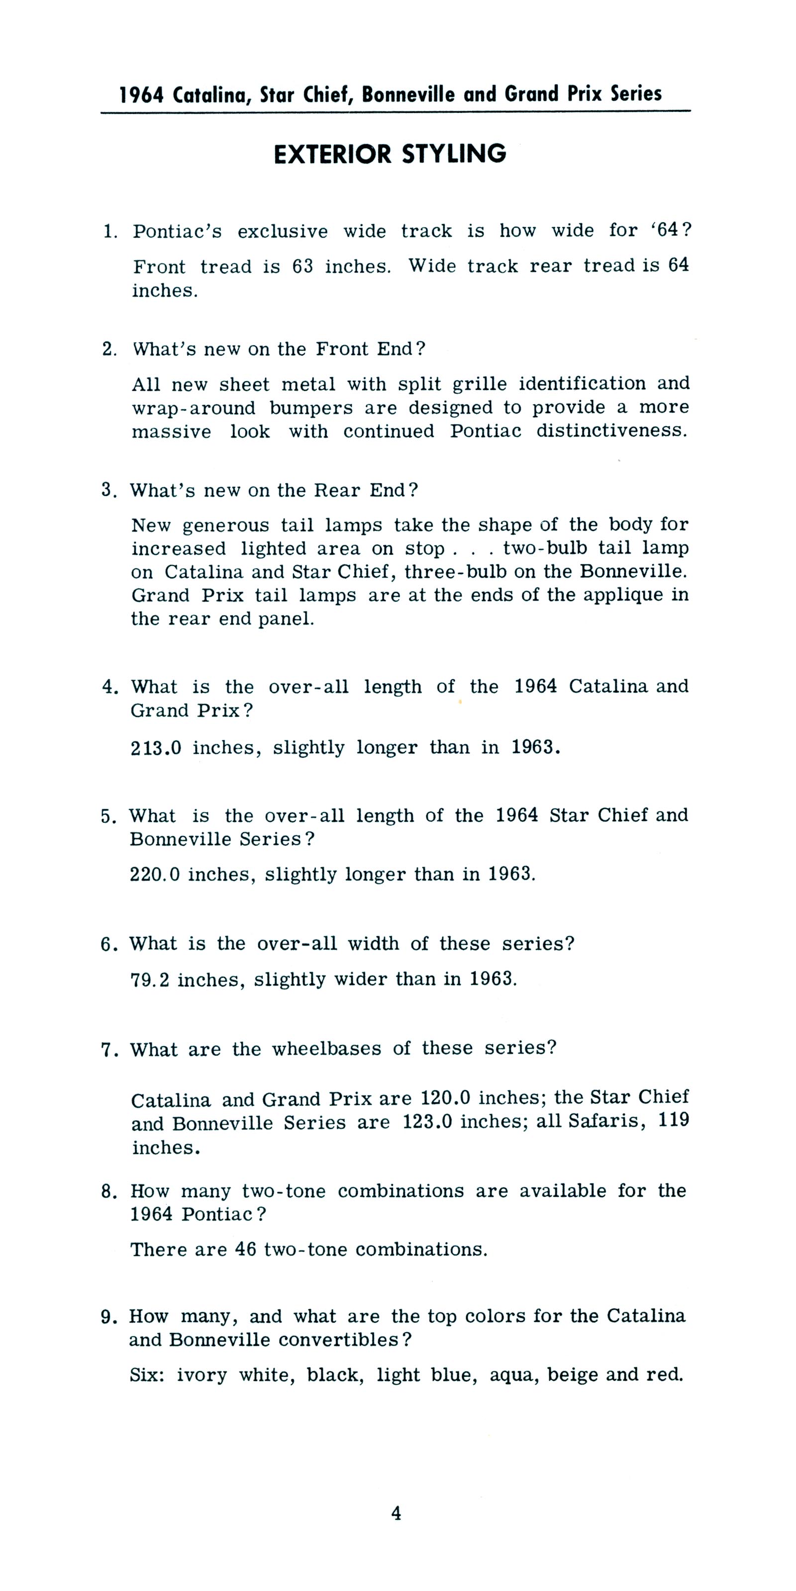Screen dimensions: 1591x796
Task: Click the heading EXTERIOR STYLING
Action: click(390, 154)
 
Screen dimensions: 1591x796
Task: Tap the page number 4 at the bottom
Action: click(396, 1513)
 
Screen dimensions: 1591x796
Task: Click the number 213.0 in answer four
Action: click(156, 748)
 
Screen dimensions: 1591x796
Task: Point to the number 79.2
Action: click(150, 979)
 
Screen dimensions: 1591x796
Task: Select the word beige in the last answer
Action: click(572, 1375)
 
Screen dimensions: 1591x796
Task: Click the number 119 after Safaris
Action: click(673, 1120)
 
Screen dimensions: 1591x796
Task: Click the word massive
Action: click(171, 432)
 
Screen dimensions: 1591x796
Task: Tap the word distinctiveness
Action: click(611, 431)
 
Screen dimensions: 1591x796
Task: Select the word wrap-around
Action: click(194, 408)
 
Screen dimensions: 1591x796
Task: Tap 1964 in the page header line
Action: click(141, 95)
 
